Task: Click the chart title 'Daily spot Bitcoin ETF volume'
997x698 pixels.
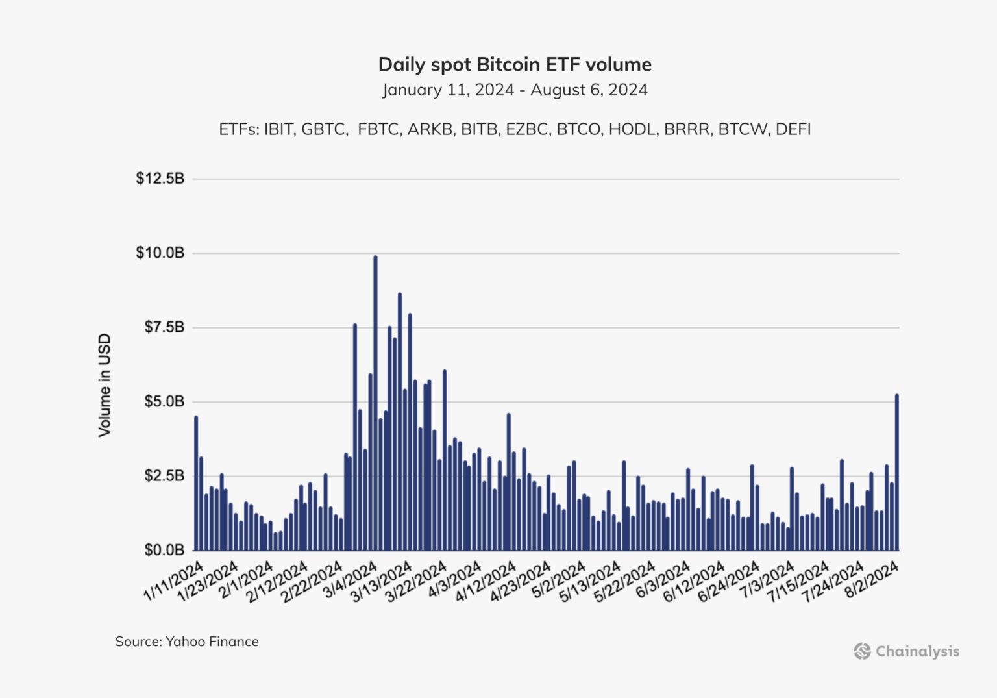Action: coord(515,65)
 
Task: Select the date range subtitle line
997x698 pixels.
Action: coord(515,90)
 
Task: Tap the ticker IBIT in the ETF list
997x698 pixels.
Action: coord(279,129)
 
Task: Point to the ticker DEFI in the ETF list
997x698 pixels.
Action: coord(793,129)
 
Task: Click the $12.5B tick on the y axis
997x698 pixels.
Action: coord(160,179)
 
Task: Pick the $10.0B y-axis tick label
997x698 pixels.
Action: coord(160,253)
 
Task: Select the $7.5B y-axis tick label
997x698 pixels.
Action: coord(164,327)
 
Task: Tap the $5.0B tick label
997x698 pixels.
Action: coord(164,401)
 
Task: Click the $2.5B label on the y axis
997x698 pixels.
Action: coord(164,476)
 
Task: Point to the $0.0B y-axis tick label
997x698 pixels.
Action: coord(164,550)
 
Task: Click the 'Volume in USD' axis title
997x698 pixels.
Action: coord(105,385)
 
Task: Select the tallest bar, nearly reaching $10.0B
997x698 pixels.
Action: coord(375,403)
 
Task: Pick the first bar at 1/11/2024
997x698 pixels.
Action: coord(196,484)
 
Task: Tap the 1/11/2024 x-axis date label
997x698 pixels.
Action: coord(174,581)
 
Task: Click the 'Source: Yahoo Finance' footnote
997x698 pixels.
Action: coord(187,642)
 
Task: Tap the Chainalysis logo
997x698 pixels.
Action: coord(906,651)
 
